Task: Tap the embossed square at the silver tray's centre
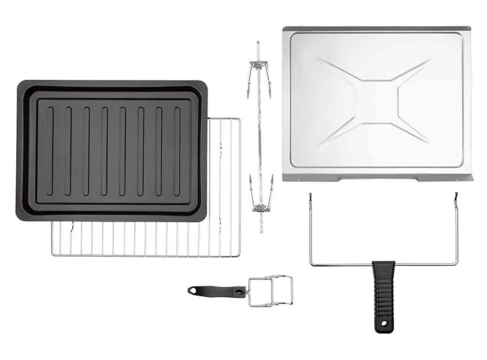[376, 101]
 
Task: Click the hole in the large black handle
[380, 325]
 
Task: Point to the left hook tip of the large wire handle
[310, 195]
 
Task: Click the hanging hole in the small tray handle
[193, 290]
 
